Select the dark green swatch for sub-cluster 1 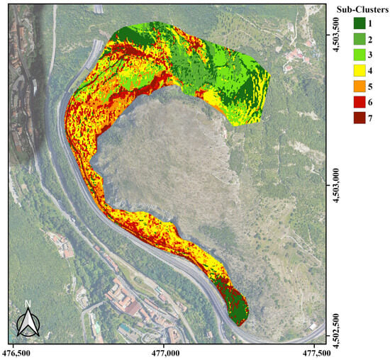point(359,24)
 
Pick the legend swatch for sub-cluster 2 point(359,39)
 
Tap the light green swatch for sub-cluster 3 point(359,54)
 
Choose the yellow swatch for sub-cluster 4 point(359,69)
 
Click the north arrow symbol point(28,325)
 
